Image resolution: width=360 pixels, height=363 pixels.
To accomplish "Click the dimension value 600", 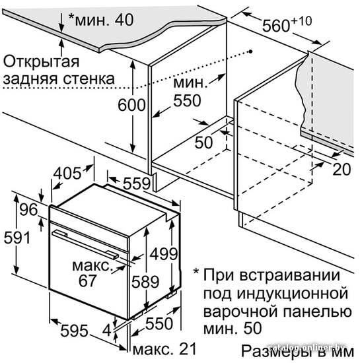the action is point(131,105).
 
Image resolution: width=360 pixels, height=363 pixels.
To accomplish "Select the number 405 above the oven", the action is point(67,173).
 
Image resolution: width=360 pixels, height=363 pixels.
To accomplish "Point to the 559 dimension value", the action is point(137,183).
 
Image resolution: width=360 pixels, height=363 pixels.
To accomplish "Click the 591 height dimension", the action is point(17,238).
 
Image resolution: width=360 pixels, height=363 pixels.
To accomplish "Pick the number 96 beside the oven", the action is point(28,209).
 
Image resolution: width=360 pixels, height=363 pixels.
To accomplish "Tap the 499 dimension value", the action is point(164,254).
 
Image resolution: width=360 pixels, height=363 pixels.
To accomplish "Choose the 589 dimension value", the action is point(145,282).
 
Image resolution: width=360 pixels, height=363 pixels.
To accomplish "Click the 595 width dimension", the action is point(74,331).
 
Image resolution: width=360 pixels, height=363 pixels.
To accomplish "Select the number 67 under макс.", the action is point(87,280).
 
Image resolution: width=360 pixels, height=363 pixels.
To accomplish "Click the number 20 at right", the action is point(342,169).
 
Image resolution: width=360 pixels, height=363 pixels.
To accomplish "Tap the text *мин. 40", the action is point(101,19).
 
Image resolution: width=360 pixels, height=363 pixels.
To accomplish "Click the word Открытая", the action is point(42,61).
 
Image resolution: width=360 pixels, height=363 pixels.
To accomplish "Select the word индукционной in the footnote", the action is point(293,293).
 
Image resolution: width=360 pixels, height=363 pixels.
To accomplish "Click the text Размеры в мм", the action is point(298,351).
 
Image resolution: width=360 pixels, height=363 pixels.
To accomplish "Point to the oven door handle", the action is point(85,244).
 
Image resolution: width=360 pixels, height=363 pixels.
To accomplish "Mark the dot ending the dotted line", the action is point(250,51).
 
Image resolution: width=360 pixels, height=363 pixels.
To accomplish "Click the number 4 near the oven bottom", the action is point(107,331).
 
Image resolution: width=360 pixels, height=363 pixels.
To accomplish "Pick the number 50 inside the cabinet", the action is point(203,142).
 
